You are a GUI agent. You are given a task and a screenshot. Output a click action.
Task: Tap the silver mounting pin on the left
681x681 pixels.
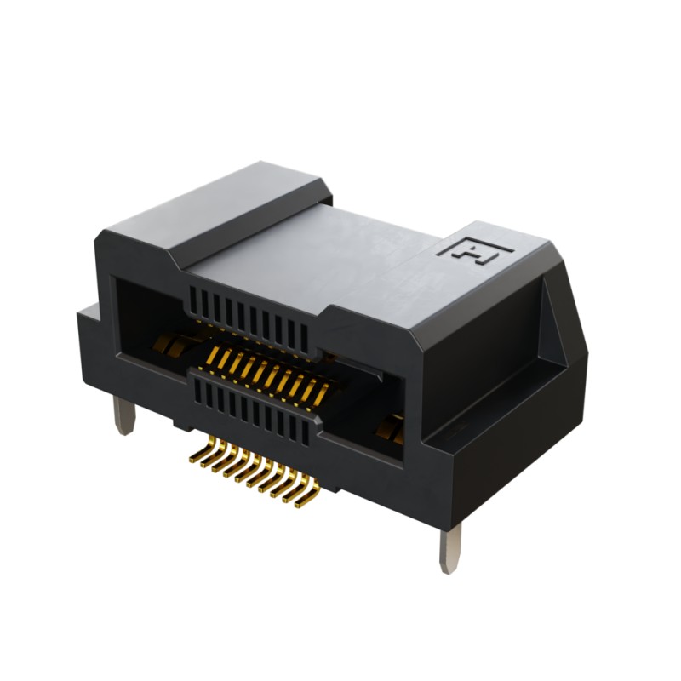[x=124, y=417]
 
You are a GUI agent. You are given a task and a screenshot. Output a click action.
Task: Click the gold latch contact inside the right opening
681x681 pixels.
[x=393, y=426]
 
